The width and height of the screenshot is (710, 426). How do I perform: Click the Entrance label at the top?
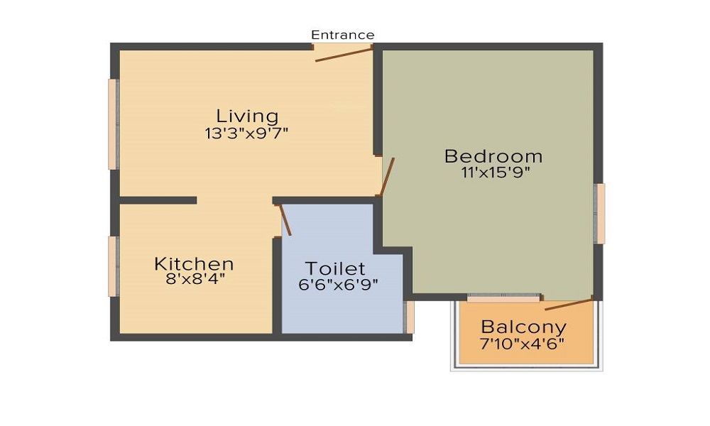coord(342,35)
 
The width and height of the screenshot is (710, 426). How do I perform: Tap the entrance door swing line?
coord(344,55)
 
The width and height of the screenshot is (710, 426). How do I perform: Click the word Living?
coord(247,116)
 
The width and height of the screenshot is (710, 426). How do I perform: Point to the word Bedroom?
coord(493,156)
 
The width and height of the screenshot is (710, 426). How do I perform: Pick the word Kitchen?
coord(194,264)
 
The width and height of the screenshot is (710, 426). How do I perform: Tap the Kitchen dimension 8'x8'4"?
coord(195,279)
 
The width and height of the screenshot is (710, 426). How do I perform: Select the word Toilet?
coord(335,268)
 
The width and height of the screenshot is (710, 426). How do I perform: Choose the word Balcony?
coord(524,327)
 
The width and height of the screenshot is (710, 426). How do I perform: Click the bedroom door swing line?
coord(388,177)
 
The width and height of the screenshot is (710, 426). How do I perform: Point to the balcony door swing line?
coord(568,305)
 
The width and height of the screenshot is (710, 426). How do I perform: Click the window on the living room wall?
coord(112,124)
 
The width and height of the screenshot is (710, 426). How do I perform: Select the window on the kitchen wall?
coord(112,266)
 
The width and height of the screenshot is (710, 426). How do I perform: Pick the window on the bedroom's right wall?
coord(601,214)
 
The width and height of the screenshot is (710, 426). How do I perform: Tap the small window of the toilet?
coord(410,317)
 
